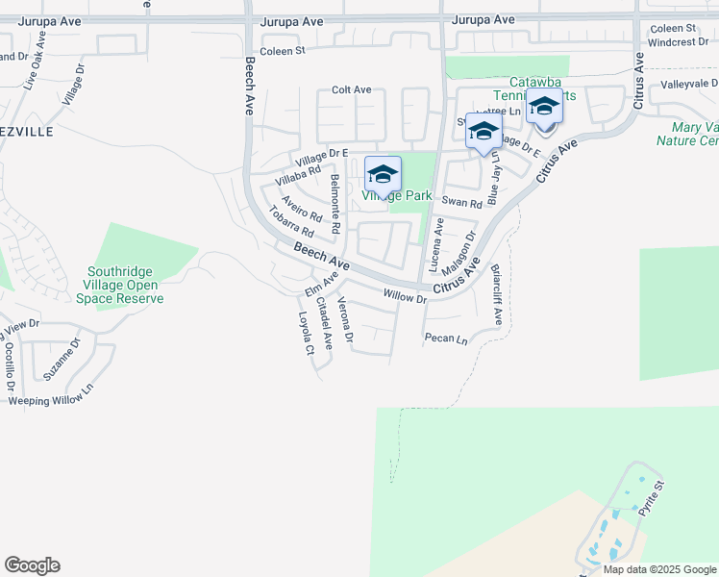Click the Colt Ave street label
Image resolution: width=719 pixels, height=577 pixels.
351,89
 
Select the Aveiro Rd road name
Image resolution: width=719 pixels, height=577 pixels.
301,209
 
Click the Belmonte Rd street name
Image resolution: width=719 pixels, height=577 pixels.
335,205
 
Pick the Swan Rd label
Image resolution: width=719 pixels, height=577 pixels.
461,203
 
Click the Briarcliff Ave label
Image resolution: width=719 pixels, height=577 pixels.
497,294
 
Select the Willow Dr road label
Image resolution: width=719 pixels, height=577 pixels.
405,296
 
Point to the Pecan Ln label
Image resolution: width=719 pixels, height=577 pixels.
446,339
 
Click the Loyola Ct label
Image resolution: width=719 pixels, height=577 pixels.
306,333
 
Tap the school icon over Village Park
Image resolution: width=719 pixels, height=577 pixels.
383,174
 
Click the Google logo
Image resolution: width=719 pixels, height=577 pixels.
32,565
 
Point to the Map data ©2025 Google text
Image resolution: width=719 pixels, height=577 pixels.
658,569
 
